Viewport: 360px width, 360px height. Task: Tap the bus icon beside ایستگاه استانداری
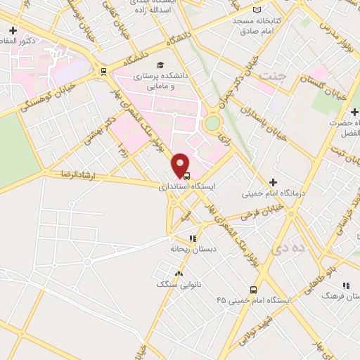[186, 176]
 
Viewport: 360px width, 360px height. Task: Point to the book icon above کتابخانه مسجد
[257, 9]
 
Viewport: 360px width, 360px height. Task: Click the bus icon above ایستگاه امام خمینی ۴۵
[253, 289]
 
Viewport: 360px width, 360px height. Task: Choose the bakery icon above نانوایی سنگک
[179, 274]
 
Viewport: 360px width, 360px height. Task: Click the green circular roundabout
[212, 123]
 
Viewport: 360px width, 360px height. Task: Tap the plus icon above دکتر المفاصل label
[13, 32]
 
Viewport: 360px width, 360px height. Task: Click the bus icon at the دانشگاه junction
[103, 71]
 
